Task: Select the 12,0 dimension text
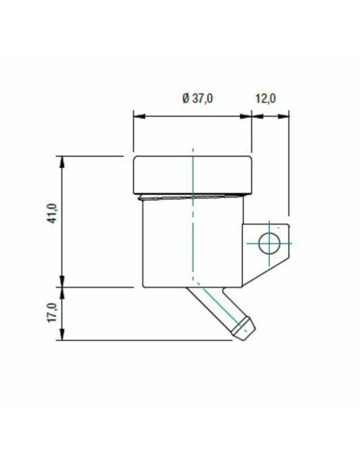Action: click(x=264, y=99)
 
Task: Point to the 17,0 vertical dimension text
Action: click(x=53, y=312)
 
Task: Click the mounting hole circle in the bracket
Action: click(x=269, y=242)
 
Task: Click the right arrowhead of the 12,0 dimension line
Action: click(x=284, y=116)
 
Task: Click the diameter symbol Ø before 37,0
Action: click(x=185, y=99)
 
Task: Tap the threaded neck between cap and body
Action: click(x=192, y=197)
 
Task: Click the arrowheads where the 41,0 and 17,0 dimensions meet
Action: click(x=61, y=285)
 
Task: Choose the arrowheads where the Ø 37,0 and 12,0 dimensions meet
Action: click(x=252, y=116)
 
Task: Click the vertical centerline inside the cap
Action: click(x=192, y=171)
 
